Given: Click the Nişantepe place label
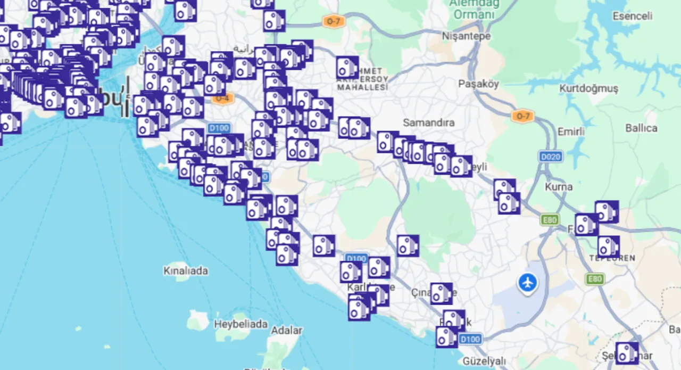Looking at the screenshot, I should click(x=466, y=36).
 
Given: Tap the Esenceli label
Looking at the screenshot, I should click(x=632, y=16).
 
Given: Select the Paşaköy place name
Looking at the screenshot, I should click(x=478, y=84).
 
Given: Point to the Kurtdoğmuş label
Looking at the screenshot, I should click(x=588, y=88).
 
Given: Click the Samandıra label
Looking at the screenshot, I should click(x=428, y=122).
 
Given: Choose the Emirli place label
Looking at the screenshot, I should click(x=571, y=131).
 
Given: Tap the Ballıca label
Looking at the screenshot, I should click(x=641, y=128).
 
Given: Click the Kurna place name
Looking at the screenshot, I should click(x=559, y=187).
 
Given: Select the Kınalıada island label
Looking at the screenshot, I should click(x=185, y=270).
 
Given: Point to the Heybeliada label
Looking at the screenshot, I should click(x=240, y=324).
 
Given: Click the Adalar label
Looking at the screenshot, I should click(x=287, y=330).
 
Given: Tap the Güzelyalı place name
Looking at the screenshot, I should click(x=484, y=361).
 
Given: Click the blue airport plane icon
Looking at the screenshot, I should click(x=528, y=282).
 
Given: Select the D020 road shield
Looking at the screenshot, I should click(x=550, y=157).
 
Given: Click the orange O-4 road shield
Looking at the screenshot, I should click(x=222, y=98).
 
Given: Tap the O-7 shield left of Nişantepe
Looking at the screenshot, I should click(x=333, y=22).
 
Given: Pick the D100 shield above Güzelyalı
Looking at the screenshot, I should click(x=470, y=339).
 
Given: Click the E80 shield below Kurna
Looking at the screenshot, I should click(x=550, y=219).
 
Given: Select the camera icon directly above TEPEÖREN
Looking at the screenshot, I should click(x=608, y=246).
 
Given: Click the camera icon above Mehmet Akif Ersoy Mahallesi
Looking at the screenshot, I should click(x=347, y=68).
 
